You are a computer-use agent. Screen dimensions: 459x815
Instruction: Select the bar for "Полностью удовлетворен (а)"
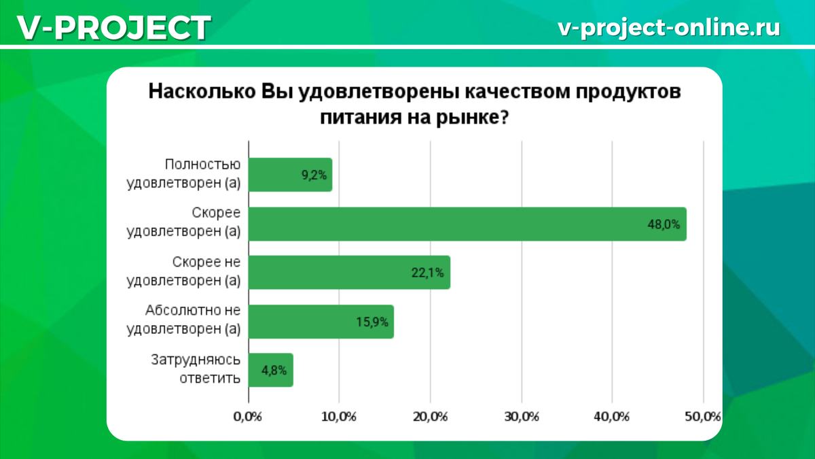[x=290, y=175]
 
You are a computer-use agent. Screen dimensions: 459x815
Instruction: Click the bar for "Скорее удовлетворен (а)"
[x=467, y=224]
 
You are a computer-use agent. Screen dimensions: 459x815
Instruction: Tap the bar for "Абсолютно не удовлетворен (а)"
[x=321, y=322]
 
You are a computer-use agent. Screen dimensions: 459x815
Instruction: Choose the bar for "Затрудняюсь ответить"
[x=270, y=371]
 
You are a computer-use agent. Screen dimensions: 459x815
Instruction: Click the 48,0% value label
[x=664, y=224]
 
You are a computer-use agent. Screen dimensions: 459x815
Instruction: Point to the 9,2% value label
[x=314, y=175]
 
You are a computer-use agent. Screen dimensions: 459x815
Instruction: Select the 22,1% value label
[x=428, y=273]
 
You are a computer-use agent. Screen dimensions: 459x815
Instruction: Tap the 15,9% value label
[x=372, y=322]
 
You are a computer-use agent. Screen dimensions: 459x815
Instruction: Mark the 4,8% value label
[x=274, y=371]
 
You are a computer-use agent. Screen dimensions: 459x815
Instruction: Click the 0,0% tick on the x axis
[x=247, y=416]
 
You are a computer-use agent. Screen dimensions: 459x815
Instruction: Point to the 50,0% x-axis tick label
[x=703, y=416]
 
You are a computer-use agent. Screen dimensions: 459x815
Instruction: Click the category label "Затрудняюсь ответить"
[x=196, y=370]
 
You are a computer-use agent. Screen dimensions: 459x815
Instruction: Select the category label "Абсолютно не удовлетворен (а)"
[x=184, y=321]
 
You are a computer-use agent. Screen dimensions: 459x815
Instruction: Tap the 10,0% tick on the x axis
[x=338, y=416]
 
